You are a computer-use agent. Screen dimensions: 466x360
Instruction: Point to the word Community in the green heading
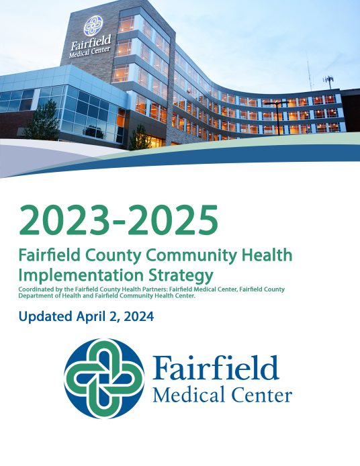(173, 256)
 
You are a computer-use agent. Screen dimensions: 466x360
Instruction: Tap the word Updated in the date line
(44, 316)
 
